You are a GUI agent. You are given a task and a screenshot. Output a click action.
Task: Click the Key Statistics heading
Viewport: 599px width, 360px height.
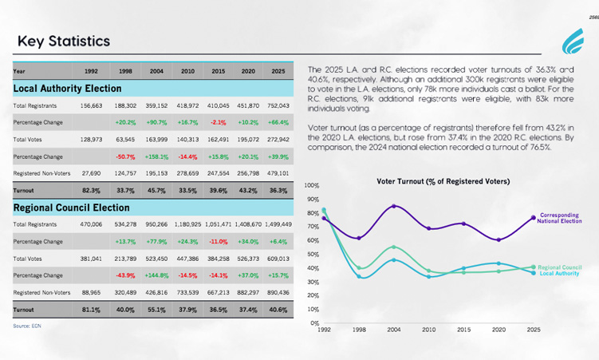tap(64, 41)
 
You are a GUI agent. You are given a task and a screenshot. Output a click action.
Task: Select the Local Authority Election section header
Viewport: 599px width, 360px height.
tap(68, 88)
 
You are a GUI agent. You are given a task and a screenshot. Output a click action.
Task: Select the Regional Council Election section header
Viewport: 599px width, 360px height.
tap(72, 208)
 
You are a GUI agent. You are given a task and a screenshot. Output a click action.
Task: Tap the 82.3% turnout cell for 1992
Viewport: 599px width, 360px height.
tap(91, 190)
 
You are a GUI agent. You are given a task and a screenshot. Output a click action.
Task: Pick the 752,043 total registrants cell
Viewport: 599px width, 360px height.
tap(278, 105)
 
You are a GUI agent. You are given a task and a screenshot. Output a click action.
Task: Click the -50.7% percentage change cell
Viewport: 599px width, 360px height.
tap(125, 156)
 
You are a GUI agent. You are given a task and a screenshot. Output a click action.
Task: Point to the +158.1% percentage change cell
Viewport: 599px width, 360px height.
tap(156, 156)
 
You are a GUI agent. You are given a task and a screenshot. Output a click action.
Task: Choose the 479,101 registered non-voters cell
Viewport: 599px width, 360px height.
tap(278, 173)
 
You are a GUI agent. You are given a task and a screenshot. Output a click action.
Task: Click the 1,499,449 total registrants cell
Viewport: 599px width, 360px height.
tap(277, 224)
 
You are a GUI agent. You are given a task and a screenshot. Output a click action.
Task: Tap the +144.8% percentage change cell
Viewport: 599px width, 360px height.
tap(156, 275)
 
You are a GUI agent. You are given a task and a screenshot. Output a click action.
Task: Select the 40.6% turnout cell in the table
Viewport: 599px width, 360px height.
tap(278, 309)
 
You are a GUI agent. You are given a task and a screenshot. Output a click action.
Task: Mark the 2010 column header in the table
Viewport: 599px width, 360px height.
tap(187, 71)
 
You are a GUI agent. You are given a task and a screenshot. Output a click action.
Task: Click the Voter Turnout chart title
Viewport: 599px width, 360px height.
tap(443, 182)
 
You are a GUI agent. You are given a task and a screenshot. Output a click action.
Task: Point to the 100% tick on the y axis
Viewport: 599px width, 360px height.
tap(312, 185)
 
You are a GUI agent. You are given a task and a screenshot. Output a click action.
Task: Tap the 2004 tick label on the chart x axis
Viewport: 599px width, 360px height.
tap(393, 329)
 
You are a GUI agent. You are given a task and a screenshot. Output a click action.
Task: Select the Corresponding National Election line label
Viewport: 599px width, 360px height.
tap(560, 218)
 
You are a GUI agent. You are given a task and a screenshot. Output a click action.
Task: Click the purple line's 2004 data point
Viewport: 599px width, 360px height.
tap(393, 206)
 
